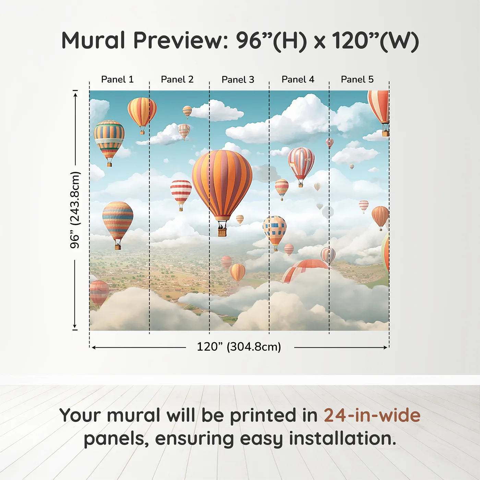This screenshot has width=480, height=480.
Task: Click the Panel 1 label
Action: coord(117,80)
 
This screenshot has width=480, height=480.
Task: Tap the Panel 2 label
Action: coord(177,80)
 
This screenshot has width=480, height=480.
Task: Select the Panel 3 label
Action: coord(238,80)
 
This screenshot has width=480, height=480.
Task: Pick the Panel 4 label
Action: coord(298,80)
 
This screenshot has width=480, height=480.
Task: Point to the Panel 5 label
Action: coord(357,80)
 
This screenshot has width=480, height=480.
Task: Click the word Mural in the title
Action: coord(93,40)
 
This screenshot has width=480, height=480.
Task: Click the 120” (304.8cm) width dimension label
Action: coord(239,347)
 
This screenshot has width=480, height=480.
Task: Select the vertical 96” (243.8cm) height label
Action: coord(75,210)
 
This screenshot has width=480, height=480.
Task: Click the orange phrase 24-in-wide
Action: coord(372,416)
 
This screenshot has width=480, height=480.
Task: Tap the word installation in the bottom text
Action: coord(343,439)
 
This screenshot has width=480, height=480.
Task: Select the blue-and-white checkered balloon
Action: coord(275,230)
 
